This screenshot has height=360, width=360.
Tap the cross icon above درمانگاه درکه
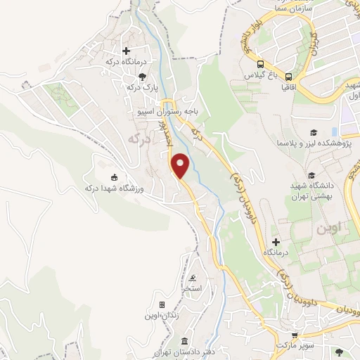[127, 51]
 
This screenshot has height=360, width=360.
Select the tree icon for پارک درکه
[143, 76]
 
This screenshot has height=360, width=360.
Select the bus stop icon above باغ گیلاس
[260, 63]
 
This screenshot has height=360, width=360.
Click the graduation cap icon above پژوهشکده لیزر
[313, 132]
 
